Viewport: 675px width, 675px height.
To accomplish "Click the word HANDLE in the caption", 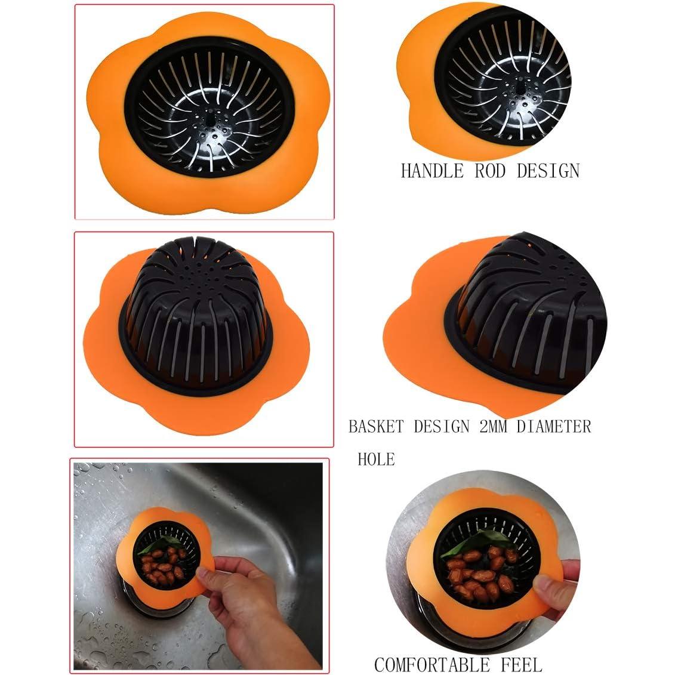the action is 432,171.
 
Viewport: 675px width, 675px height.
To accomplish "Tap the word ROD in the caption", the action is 490,171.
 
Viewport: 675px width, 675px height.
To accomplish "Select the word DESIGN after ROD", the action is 548,171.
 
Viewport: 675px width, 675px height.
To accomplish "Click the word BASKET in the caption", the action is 376,427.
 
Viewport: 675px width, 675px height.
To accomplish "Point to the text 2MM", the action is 493,427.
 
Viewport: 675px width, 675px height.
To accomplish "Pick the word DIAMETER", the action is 554,427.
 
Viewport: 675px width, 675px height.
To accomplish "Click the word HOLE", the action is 376,460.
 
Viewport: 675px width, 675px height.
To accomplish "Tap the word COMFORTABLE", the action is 432,665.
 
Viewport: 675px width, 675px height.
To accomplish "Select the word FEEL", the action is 521,665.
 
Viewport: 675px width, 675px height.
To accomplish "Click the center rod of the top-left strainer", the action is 210,117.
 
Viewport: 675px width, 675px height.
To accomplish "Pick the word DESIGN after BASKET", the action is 442,427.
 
